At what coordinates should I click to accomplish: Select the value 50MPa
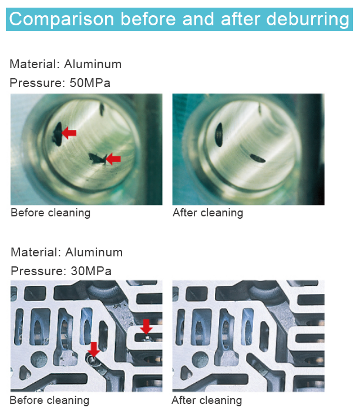[90, 83]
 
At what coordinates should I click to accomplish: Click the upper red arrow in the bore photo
[69, 133]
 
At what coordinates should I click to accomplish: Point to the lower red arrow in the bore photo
[113, 158]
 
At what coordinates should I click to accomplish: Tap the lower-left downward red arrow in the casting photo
[93, 349]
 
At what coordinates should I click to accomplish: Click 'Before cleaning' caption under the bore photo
[51, 213]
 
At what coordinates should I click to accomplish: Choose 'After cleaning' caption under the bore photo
[207, 213]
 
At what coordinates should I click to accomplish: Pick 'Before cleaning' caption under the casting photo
[49, 401]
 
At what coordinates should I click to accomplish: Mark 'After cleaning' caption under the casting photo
[206, 401]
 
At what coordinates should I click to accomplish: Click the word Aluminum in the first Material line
[93, 64]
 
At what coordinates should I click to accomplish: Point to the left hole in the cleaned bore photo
[218, 132]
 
